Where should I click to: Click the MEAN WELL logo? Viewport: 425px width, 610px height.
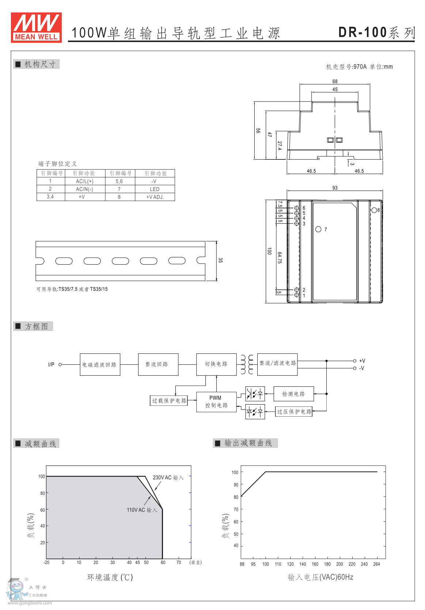(36, 27)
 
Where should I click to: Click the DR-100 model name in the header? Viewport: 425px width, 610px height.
(363, 33)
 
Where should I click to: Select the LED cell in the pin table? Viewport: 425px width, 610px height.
(155, 189)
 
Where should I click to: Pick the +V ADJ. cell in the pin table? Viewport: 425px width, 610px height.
(155, 197)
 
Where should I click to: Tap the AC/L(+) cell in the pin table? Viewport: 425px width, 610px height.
(85, 181)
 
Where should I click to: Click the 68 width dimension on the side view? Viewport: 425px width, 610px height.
(335, 82)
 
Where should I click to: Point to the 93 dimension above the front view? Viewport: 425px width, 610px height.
(335, 188)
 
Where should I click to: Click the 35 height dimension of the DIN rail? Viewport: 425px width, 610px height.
(220, 260)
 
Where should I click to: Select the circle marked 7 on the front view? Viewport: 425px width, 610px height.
(318, 229)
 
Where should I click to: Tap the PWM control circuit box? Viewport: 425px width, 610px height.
(216, 402)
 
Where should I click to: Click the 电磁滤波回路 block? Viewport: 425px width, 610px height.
(100, 364)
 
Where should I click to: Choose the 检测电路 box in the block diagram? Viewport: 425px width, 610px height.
(293, 394)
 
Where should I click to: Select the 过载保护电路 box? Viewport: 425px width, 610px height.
(169, 401)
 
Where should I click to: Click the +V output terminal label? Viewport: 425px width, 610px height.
(362, 361)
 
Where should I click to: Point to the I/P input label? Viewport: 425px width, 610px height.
(51, 364)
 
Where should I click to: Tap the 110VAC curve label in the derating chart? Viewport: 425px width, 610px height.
(142, 510)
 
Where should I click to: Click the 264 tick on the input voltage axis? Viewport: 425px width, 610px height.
(376, 564)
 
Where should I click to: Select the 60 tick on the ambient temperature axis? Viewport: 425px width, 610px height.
(163, 562)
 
